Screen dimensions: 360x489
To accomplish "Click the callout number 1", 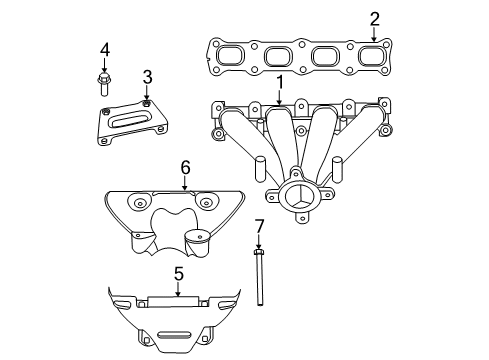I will pos(281,82).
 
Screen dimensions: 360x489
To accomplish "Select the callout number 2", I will pos(374,18).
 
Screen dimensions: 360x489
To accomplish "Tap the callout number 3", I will pos(147,77).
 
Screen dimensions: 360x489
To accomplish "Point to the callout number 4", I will pos(104,49).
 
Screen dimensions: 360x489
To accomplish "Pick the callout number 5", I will pos(178,272).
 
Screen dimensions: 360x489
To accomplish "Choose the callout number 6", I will pos(185,167).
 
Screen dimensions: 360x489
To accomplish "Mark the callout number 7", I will pos(258,226).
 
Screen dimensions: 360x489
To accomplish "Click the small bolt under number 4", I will pos(104,78).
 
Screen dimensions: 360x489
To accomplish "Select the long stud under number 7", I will pos(258,280).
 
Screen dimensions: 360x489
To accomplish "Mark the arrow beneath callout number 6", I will pos(185,185).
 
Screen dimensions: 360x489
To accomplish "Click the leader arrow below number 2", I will pos(374,36).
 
